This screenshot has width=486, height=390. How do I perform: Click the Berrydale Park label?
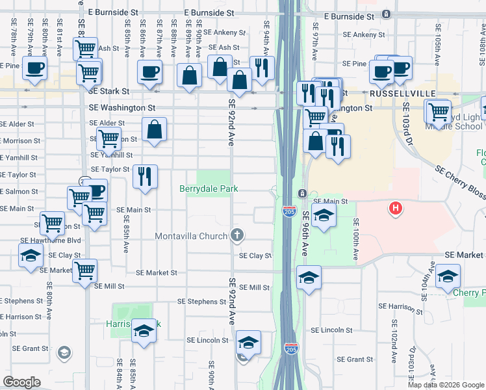point(209,188)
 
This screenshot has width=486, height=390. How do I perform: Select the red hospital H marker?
point(394,209)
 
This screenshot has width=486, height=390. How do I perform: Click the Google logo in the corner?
point(22,382)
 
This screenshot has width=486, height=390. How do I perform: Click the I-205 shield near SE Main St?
point(289,211)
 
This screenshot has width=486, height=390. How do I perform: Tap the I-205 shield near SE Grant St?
point(292,349)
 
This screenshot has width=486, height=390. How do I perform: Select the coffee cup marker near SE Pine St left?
point(35,67)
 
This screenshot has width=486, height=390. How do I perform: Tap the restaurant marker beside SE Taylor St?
point(145,175)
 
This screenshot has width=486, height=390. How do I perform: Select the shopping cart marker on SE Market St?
point(85,270)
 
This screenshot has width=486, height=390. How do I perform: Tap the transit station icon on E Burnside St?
point(387,14)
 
